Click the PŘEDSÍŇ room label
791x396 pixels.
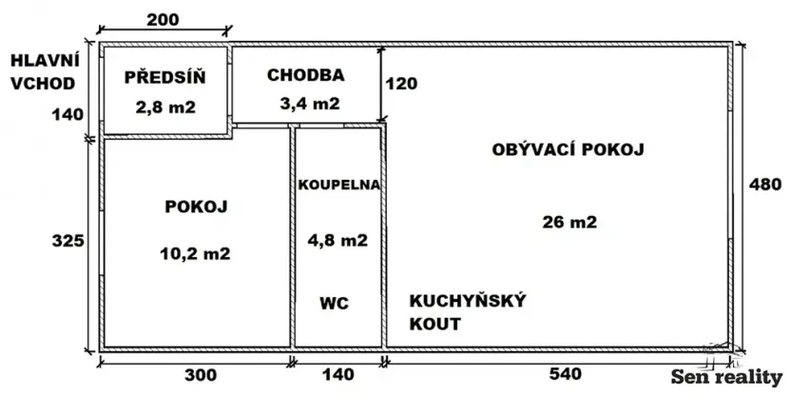(x=164, y=77)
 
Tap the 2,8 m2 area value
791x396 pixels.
(x=164, y=107)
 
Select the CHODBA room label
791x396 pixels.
(x=305, y=74)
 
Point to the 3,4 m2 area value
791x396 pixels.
(x=306, y=104)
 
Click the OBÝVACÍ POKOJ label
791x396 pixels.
(x=568, y=149)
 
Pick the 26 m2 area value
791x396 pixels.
(x=569, y=223)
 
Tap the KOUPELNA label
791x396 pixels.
(x=339, y=185)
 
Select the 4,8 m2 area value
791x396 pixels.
(x=339, y=241)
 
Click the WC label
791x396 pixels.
(x=334, y=304)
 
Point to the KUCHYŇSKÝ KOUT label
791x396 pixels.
(x=468, y=312)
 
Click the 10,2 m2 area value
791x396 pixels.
(x=197, y=253)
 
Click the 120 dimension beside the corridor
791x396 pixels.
(x=402, y=83)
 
